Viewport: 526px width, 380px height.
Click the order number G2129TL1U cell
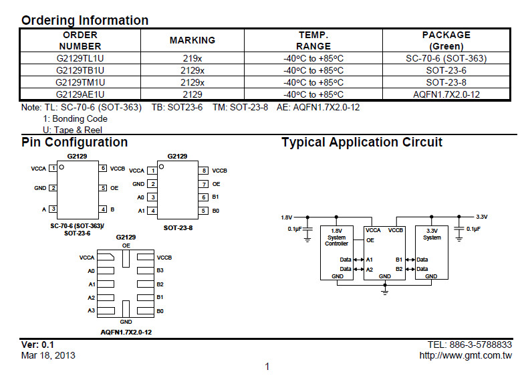80,58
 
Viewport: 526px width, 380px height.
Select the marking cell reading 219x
192,58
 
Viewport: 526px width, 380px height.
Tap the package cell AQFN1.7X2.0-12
446,94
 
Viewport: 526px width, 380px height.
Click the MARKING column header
192,40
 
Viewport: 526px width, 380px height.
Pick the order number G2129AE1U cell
80,94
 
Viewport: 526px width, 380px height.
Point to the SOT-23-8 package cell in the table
446,82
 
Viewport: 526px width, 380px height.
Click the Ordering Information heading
85,20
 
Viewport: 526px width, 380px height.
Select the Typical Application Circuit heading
362,142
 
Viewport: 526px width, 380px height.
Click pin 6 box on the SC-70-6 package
104,169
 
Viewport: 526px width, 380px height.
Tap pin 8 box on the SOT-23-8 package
203,171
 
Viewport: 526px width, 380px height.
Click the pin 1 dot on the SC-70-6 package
61,167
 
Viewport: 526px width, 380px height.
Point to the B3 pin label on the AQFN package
160,271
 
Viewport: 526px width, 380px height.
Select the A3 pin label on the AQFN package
92,310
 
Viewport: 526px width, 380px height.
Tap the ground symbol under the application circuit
385,290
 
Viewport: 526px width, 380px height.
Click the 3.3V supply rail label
481,217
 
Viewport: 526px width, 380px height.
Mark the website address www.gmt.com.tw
465,355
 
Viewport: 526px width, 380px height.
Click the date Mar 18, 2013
48,355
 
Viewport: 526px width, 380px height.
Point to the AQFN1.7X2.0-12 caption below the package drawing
126,332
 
